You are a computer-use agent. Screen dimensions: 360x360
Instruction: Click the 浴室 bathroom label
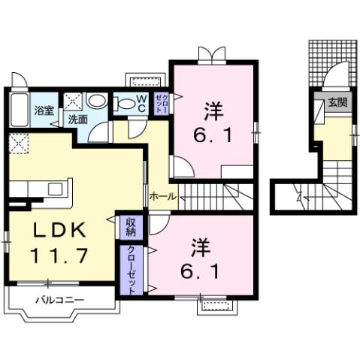coord(43,110)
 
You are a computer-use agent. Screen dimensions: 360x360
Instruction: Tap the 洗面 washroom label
coord(77,119)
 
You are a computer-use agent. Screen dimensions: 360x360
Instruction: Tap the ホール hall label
coord(162,196)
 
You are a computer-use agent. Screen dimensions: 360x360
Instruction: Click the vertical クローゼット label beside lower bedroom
coord(131,268)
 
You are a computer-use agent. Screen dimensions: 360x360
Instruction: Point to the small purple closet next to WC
coord(162,103)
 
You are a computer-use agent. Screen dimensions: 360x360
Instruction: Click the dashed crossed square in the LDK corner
coord(18,142)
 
